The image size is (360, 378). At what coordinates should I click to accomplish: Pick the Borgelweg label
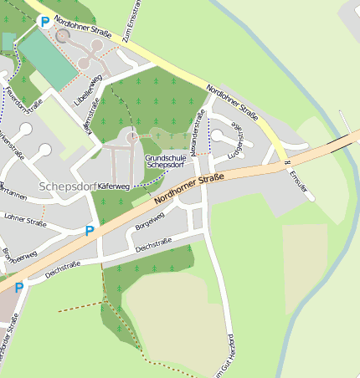click(x=149, y=218)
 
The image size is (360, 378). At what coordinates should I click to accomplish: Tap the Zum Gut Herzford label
click(x=224, y=356)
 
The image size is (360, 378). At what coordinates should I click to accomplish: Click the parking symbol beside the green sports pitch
click(x=44, y=23)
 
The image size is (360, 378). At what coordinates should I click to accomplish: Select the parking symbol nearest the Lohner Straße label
click(x=89, y=231)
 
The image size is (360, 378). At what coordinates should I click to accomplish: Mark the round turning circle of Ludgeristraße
click(x=217, y=135)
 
